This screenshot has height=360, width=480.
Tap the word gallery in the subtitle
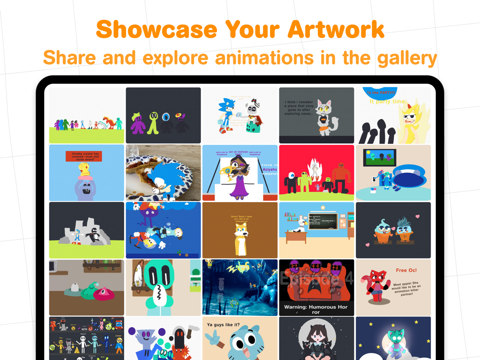click(x=404, y=58)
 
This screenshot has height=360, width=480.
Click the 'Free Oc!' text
click(x=406, y=270)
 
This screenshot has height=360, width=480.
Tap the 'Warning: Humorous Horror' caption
click(x=316, y=309)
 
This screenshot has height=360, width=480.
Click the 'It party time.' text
click(x=387, y=101)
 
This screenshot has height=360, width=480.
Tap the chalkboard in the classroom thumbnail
click(x=322, y=222)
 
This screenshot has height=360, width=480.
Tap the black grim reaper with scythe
click(x=179, y=343)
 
